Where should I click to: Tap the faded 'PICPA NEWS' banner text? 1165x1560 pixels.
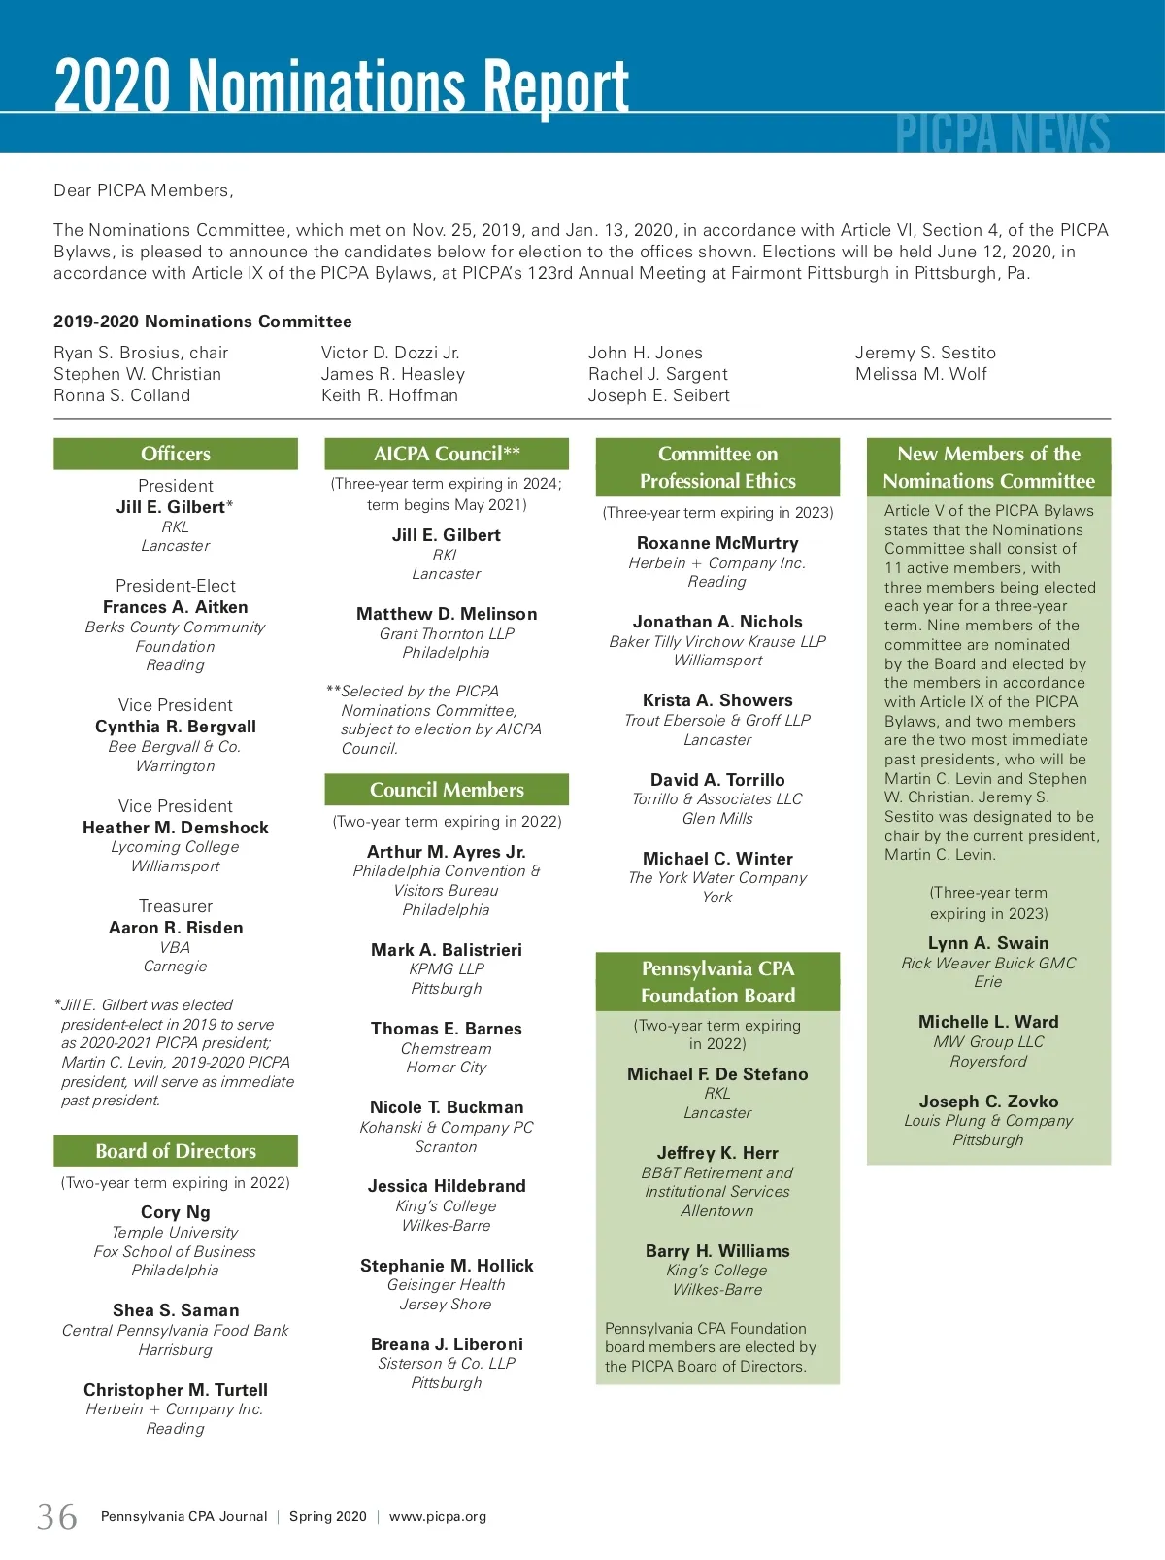point(1002,134)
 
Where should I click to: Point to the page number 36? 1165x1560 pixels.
point(57,1516)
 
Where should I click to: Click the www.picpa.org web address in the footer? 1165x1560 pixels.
point(438,1516)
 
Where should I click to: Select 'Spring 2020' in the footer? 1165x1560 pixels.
point(328,1516)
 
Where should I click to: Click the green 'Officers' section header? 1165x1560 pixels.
point(176,454)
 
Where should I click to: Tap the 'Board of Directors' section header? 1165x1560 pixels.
point(176,1151)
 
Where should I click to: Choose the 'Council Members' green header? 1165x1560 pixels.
point(447,790)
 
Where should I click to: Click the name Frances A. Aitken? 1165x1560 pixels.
point(176,607)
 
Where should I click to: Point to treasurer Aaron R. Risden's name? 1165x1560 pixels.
point(176,928)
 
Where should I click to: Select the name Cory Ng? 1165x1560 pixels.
point(176,1212)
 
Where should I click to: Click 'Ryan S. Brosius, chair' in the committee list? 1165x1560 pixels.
point(141,353)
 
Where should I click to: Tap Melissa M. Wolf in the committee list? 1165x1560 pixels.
point(920,374)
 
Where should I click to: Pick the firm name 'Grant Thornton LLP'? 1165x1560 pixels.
point(447,633)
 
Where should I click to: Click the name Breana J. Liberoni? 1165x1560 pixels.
point(447,1344)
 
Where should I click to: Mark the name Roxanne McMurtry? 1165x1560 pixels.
point(717,543)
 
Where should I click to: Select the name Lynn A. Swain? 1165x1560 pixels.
point(988,943)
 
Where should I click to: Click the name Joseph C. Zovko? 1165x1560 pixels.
point(988,1102)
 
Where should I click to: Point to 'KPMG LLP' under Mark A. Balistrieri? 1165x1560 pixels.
point(447,968)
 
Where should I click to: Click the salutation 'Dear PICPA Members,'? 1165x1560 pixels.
point(144,190)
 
